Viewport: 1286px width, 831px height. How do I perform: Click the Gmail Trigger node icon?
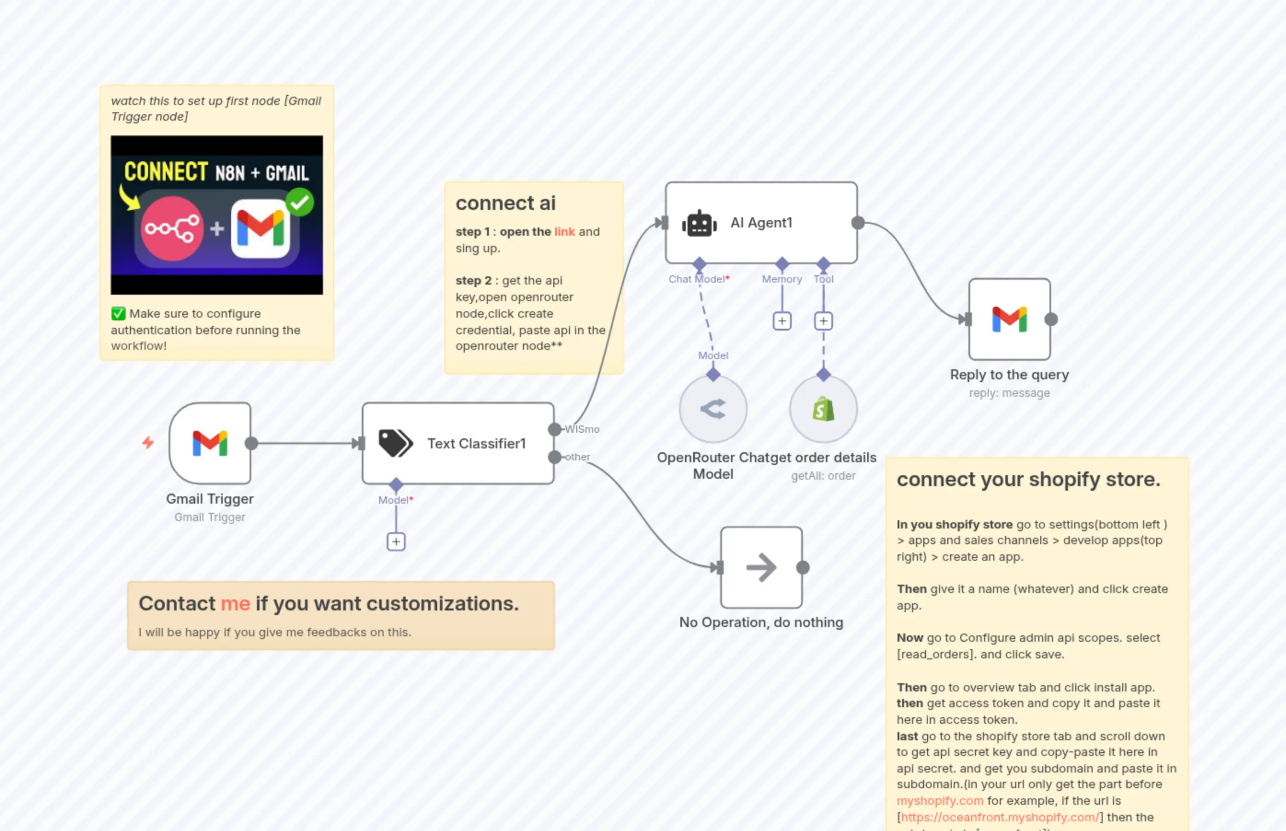pyautogui.click(x=210, y=443)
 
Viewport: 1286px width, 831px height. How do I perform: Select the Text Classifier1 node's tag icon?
pyautogui.click(x=395, y=443)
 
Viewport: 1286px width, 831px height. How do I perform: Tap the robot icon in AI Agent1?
pyautogui.click(x=699, y=223)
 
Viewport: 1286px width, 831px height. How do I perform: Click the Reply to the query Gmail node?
pyautogui.click(x=1009, y=320)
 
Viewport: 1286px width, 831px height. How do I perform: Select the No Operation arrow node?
pyautogui.click(x=761, y=567)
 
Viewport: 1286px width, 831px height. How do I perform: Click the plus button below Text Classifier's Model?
pyautogui.click(x=396, y=542)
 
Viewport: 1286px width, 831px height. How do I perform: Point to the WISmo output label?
pyautogui.click(x=582, y=430)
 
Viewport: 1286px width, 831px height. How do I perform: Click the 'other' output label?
pyautogui.click(x=577, y=457)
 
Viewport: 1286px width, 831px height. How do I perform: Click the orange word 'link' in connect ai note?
pyautogui.click(x=564, y=232)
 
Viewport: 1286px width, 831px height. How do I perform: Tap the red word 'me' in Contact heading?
pyautogui.click(x=235, y=603)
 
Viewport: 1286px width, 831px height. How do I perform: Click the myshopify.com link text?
pyautogui.click(x=940, y=801)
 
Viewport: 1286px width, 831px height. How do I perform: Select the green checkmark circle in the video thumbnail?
pyautogui.click(x=300, y=203)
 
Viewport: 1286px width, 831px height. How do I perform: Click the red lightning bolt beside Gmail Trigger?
pyautogui.click(x=148, y=443)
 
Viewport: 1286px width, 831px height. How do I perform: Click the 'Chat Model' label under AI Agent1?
pyautogui.click(x=696, y=279)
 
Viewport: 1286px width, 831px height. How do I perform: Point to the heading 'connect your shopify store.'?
pyautogui.click(x=1028, y=480)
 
